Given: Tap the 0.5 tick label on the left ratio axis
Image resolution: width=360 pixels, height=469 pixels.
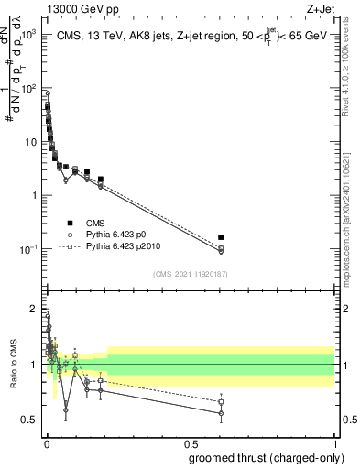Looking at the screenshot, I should tap(28, 420).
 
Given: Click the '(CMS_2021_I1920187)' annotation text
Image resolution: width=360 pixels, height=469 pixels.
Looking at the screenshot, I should tap(190, 273).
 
